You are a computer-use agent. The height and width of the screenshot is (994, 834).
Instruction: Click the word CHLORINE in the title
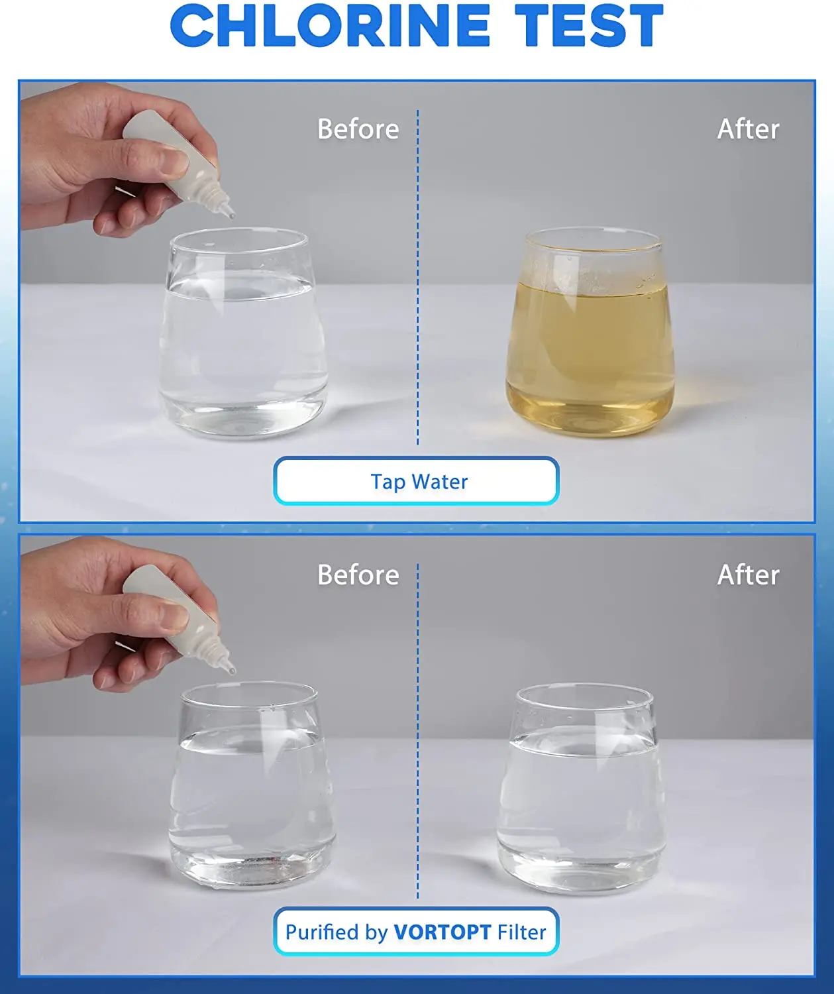[x=329, y=27]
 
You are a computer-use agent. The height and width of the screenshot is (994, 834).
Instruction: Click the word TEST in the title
[x=589, y=27]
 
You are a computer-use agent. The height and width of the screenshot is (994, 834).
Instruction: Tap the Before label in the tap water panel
[x=358, y=129]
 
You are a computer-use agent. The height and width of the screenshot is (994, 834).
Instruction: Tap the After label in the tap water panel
[x=748, y=129]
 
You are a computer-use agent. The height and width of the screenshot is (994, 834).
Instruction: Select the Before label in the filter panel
[x=358, y=575]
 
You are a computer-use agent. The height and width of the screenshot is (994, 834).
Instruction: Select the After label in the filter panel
[x=748, y=575]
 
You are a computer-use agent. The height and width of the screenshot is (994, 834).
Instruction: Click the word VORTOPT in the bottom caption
[x=442, y=932]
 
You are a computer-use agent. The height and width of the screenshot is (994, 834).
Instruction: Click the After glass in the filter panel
[x=581, y=789]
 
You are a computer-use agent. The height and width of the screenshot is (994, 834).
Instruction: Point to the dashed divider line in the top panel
[x=418, y=278]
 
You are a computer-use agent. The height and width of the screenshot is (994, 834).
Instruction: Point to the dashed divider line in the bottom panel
[x=418, y=729]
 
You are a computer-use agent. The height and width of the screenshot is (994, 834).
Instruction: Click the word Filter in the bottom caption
[x=521, y=932]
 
